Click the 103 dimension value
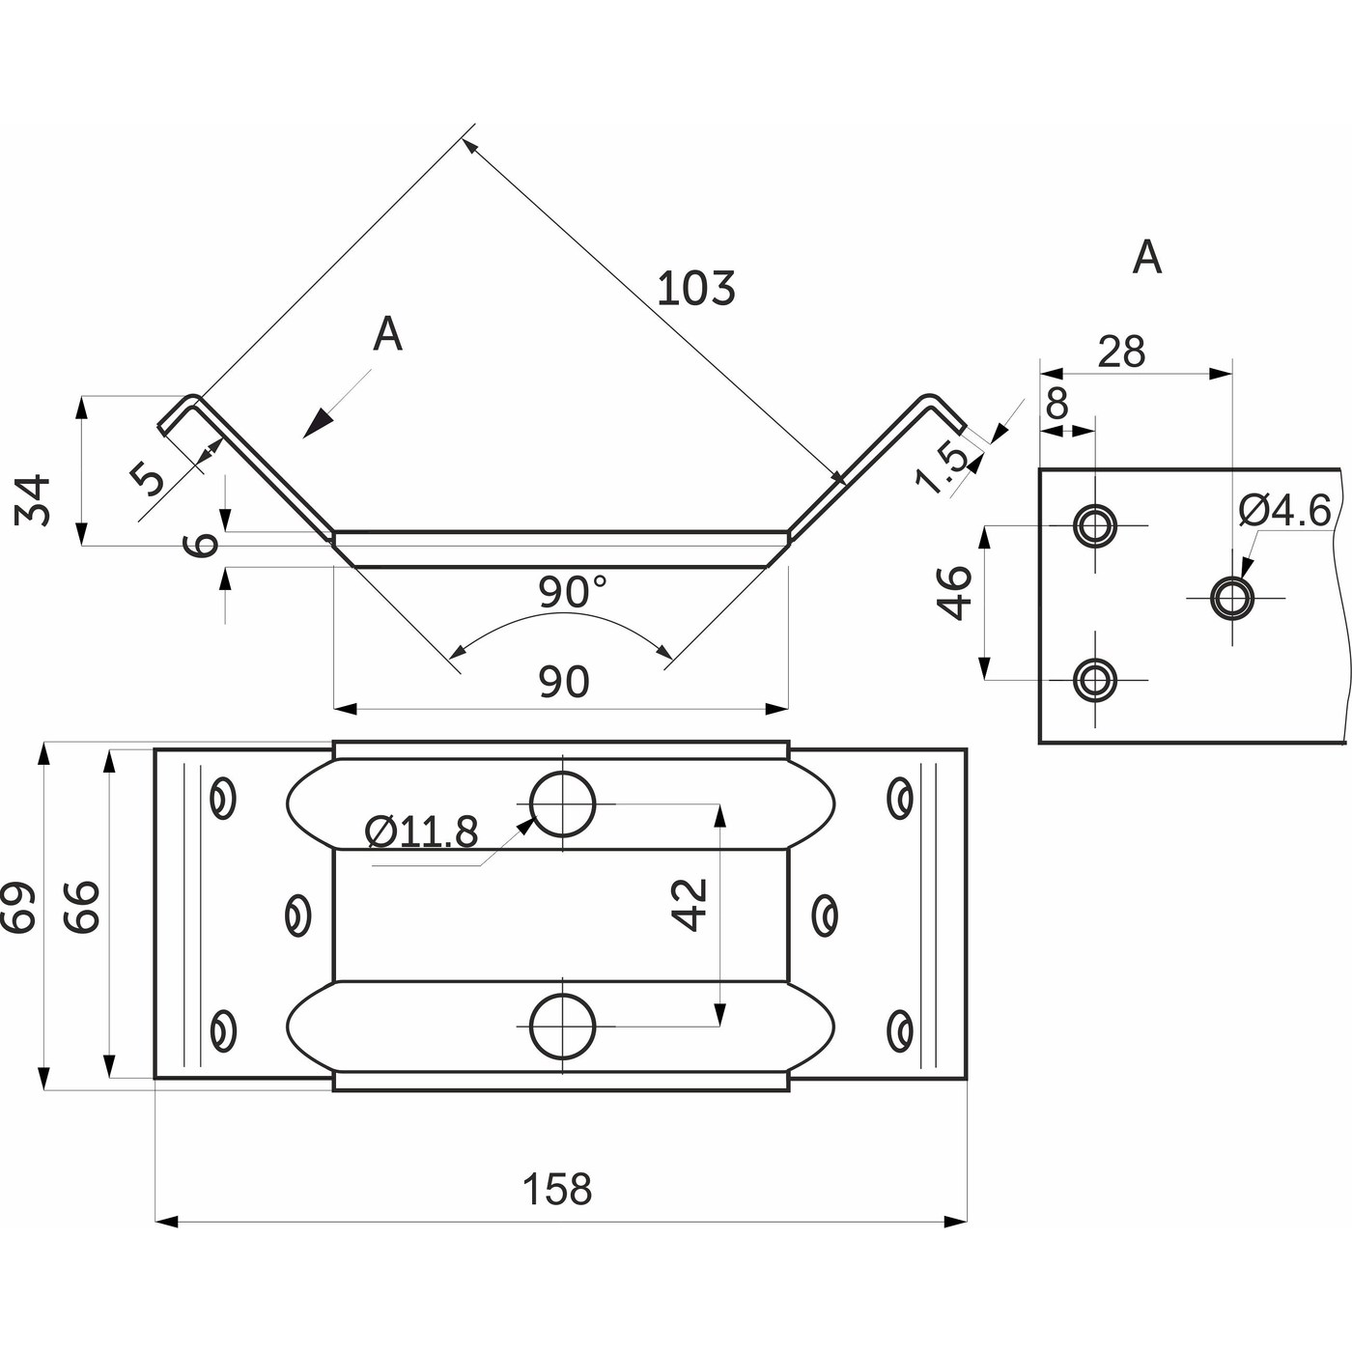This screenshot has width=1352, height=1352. [x=695, y=289]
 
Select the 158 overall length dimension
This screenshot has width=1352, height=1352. [x=557, y=1189]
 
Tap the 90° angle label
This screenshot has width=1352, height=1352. [x=573, y=592]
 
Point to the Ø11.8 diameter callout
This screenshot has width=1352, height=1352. [x=422, y=831]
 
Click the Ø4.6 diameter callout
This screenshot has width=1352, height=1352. [x=1285, y=510]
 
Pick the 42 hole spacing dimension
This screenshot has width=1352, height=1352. [x=690, y=904]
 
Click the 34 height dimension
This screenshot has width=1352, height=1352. [x=35, y=499]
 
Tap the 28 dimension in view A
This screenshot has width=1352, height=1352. [x=1121, y=352]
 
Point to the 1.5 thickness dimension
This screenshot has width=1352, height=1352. [x=942, y=467]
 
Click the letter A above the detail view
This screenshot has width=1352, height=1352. [x=1146, y=258]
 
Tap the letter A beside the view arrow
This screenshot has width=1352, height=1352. [x=387, y=335]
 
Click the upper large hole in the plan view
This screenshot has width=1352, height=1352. [x=562, y=803]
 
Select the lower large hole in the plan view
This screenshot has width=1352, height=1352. [x=562, y=1026]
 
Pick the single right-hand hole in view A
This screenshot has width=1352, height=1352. [x=1232, y=598]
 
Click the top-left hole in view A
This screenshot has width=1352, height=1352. [x=1095, y=526]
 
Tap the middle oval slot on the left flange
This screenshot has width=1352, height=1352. [x=299, y=914]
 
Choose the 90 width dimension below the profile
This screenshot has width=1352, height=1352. [x=563, y=683]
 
